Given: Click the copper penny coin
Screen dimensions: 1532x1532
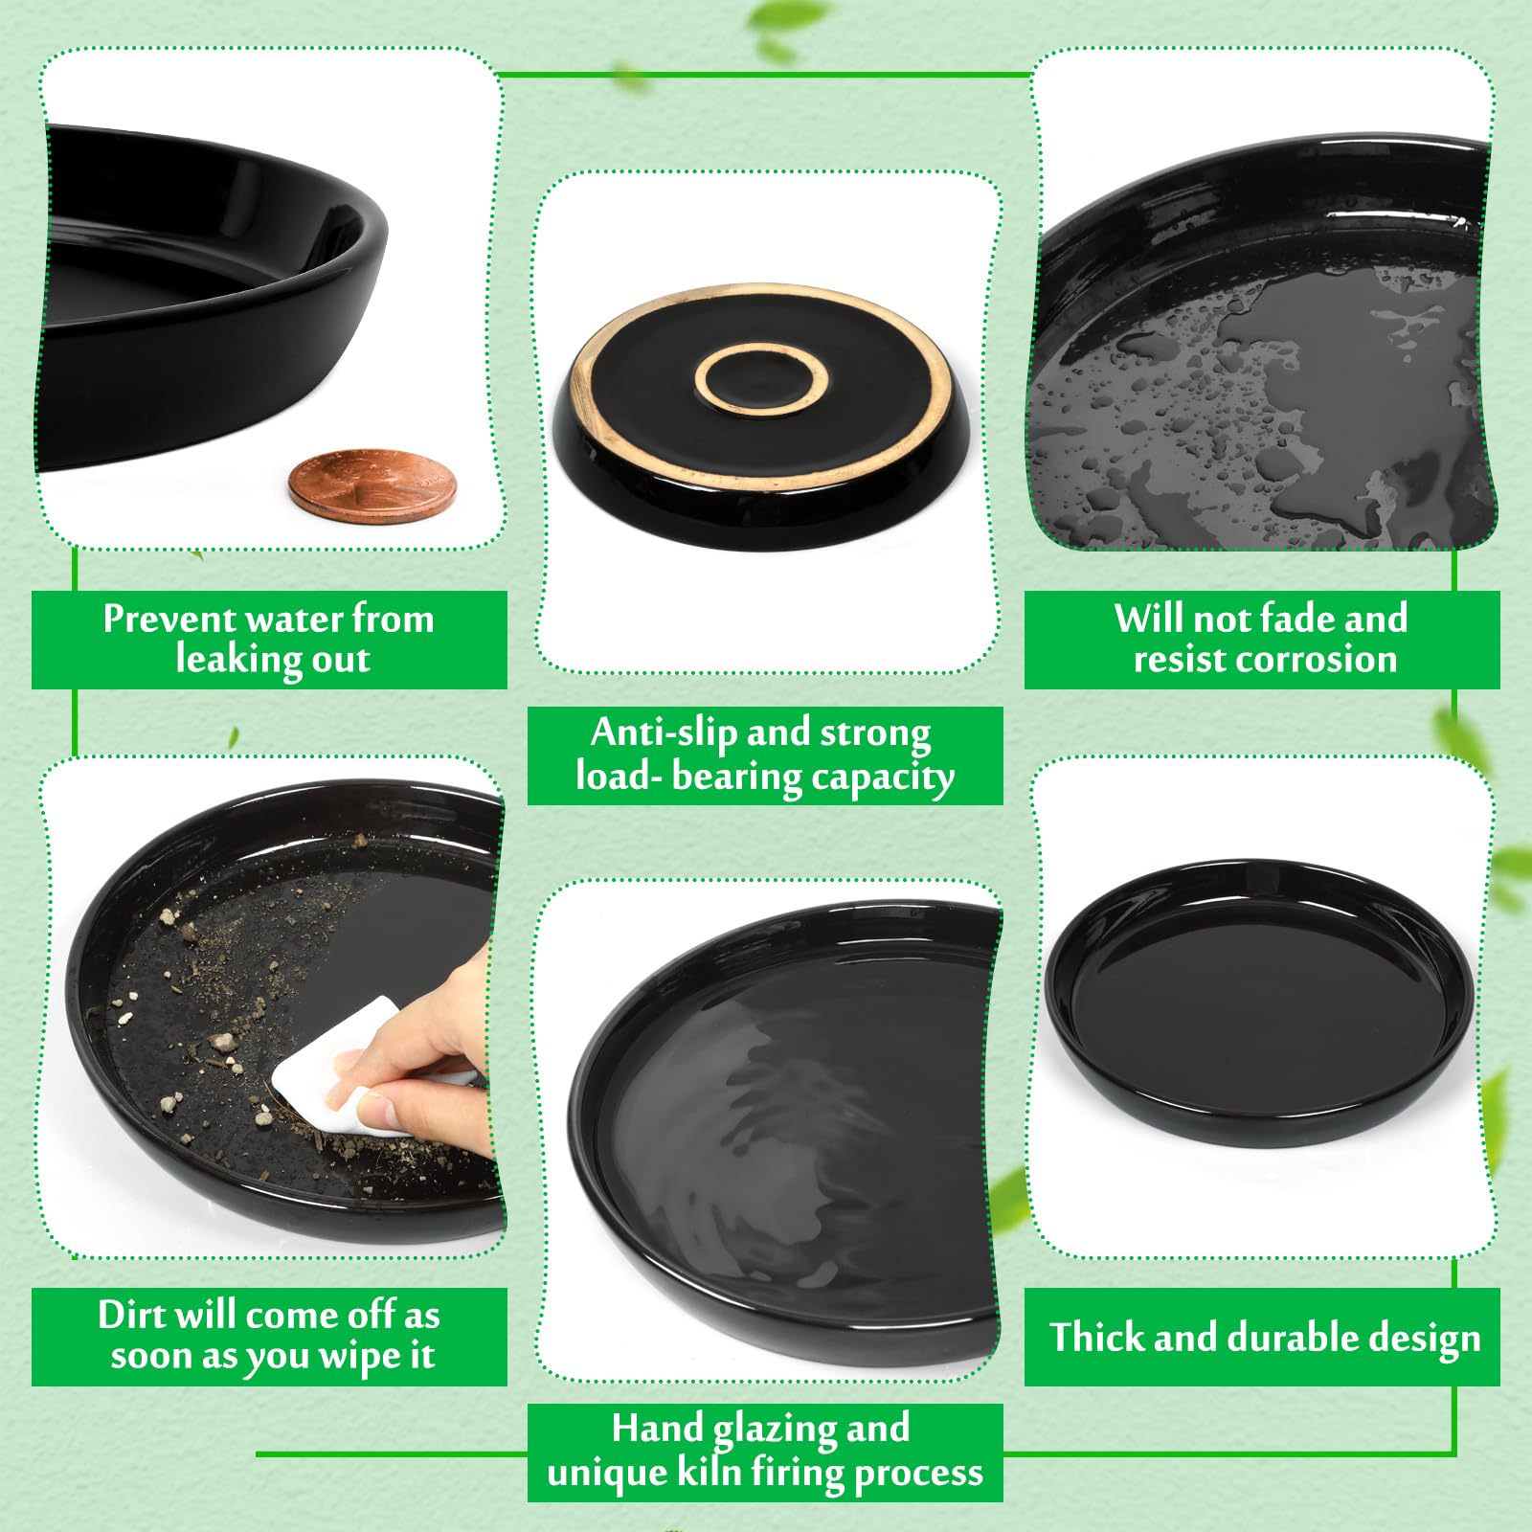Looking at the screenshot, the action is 372,485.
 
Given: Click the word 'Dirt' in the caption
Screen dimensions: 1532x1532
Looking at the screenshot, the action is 132,1315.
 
